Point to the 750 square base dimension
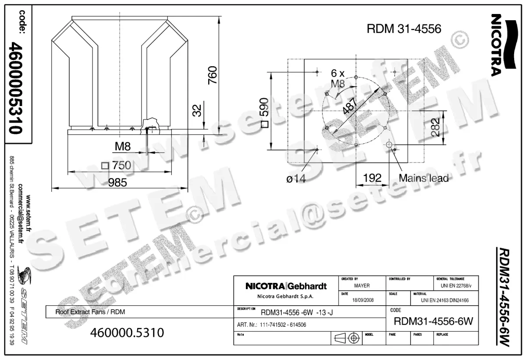(116, 166)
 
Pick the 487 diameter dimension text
(350, 105)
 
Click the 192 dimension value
(372, 178)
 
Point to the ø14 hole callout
(296, 178)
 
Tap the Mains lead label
(423, 178)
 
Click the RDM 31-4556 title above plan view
(403, 29)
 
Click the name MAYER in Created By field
(362, 286)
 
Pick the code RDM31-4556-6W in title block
(434, 321)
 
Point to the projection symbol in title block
(346, 338)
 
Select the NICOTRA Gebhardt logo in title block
(286, 287)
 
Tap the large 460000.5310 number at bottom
(127, 333)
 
